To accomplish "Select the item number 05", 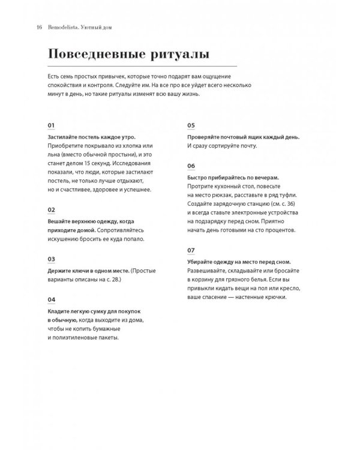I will [x=191, y=125].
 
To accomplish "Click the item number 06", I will [x=191, y=166].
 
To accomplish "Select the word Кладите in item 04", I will [x=59, y=311].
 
